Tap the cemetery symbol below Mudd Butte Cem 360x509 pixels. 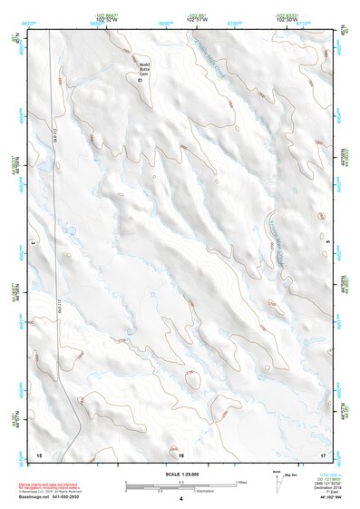click(x=141, y=81)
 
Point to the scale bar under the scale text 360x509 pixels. click(x=180, y=485)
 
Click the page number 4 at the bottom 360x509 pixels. click(x=180, y=498)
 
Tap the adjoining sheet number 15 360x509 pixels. click(x=39, y=452)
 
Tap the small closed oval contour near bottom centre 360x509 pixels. click(x=191, y=379)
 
